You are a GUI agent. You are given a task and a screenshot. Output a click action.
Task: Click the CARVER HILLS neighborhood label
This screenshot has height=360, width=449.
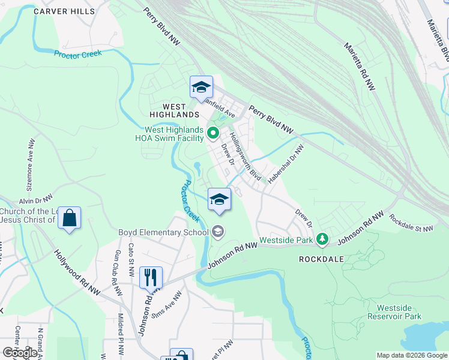coord(64,11)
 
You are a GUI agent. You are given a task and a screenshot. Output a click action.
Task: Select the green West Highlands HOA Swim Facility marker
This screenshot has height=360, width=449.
coord(212,132)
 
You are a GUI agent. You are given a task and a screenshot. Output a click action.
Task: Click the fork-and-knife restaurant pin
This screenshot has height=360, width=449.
coord(150,277)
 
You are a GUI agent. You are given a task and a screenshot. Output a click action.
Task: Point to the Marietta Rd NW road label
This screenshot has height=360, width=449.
coord(359,66)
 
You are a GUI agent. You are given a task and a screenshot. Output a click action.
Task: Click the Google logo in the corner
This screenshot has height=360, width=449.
coord(20,353)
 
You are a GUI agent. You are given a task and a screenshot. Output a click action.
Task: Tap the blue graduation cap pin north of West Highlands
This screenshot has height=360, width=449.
coord(201,88)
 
